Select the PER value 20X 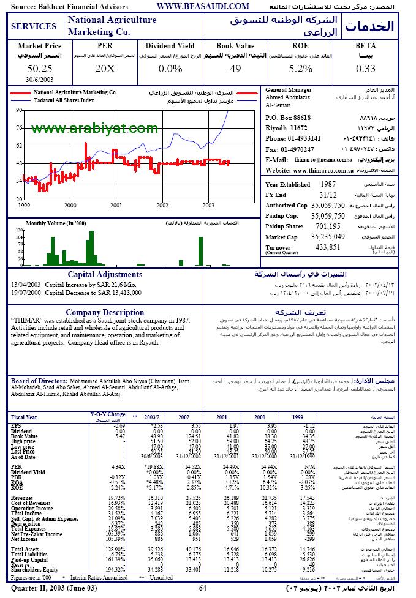point(105,69)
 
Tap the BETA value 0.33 point(365,69)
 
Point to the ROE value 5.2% point(301,69)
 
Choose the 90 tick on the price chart point(20,110)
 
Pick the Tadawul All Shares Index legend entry point(64,99)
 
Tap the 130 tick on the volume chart point(18,229)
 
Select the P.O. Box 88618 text point(288,118)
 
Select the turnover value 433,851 point(327,247)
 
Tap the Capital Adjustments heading point(105,274)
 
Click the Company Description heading point(105,312)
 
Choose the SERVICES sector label point(34,27)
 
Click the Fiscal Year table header point(25,417)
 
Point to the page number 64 point(202,588)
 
